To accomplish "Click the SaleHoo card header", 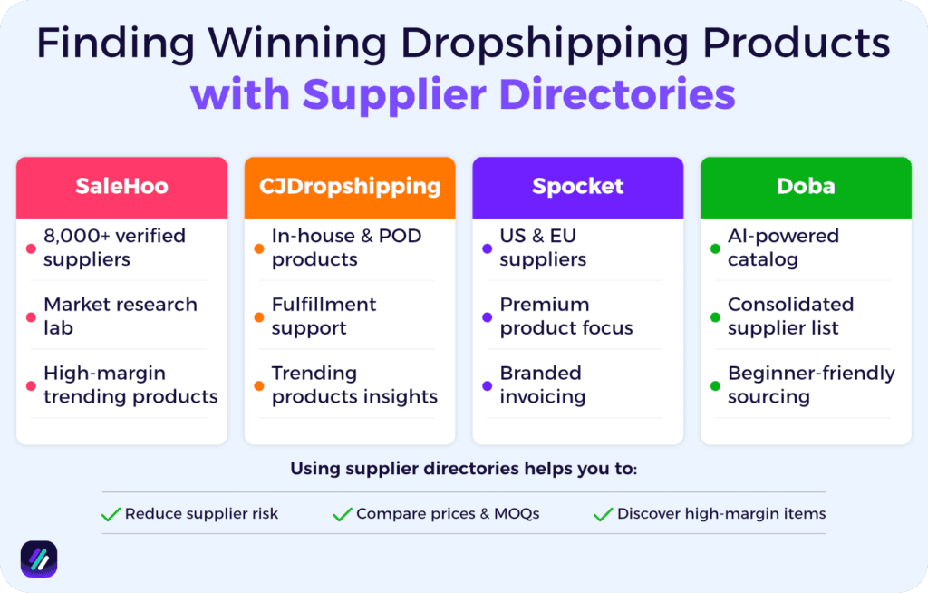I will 121,187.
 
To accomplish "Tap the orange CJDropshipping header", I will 350,187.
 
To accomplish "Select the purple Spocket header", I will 577,187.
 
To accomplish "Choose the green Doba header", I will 806,187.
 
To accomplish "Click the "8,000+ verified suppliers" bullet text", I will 114,248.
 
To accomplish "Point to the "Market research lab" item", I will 120,316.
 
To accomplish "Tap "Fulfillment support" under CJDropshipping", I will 324,316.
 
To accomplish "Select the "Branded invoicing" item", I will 542,384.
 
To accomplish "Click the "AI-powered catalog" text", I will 783,248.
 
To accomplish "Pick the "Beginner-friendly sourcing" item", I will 810,384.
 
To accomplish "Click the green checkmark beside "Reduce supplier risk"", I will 111,514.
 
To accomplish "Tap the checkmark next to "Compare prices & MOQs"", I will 342,514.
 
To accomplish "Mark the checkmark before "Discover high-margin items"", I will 603,514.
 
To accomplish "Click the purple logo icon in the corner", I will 39,559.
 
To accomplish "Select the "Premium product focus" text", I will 565,316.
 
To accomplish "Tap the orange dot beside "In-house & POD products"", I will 258,248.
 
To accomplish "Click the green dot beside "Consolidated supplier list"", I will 715,316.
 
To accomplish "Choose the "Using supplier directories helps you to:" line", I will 463,469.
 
